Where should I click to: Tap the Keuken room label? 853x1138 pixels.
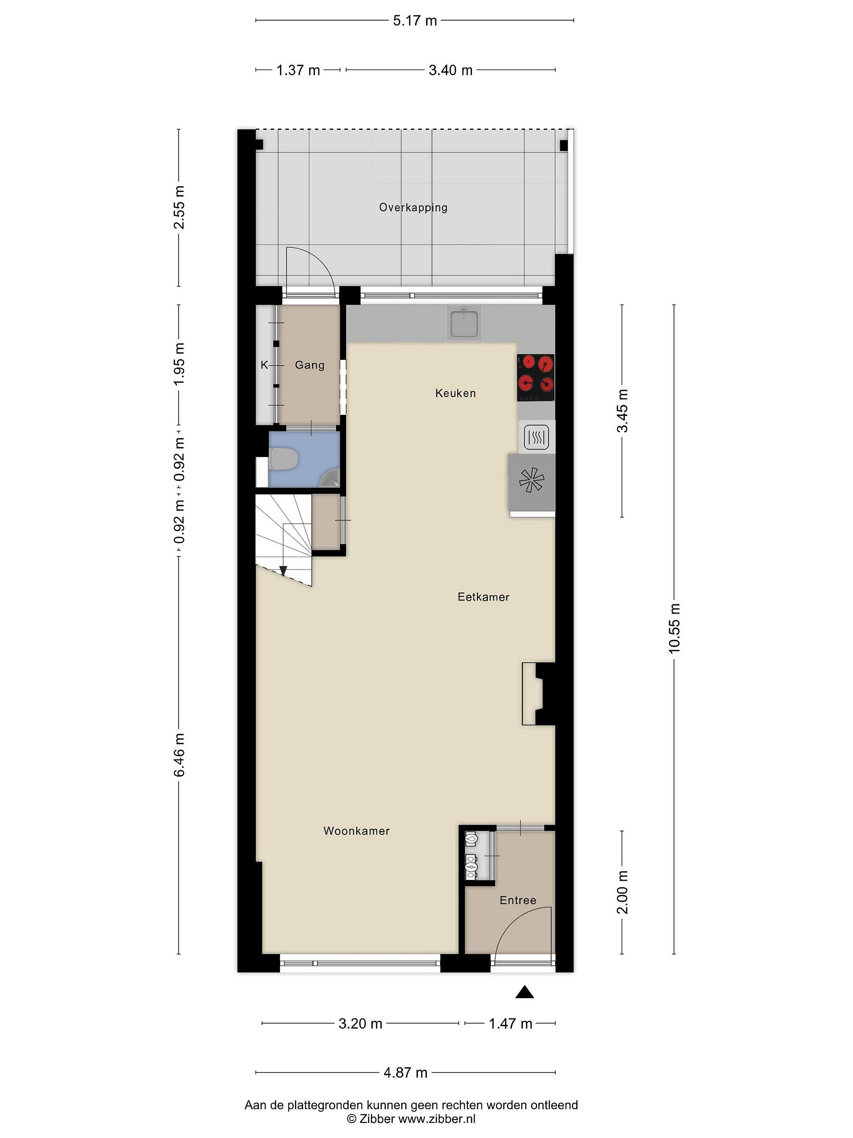456,393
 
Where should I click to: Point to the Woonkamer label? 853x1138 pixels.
356,831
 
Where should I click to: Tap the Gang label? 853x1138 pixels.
310,365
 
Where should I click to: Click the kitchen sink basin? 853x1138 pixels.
464,323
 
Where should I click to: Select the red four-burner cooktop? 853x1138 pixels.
536,378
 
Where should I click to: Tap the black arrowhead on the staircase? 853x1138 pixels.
283,571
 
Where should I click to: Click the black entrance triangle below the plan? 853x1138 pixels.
524,992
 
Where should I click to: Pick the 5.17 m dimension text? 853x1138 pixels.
415,21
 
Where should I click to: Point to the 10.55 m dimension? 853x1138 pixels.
674,628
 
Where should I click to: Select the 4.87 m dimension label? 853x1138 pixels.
406,1073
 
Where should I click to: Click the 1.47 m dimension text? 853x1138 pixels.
510,1023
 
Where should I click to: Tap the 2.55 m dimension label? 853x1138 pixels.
179,207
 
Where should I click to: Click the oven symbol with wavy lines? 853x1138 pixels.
537,437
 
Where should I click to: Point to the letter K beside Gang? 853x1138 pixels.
264,365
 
